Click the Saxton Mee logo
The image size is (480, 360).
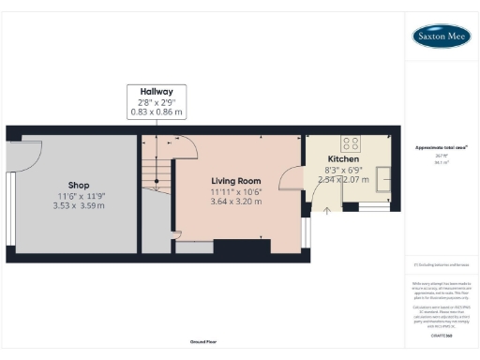click(x=442, y=36)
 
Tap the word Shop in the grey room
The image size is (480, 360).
click(x=78, y=185)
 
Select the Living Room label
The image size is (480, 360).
click(x=235, y=180)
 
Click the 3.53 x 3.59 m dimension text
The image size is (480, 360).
click(x=78, y=206)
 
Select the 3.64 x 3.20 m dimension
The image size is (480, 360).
click(x=235, y=202)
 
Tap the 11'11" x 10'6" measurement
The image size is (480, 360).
click(x=235, y=191)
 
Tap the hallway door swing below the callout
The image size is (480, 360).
click(x=185, y=147)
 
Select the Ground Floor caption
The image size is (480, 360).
click(x=203, y=341)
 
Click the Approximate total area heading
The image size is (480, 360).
click(x=442, y=148)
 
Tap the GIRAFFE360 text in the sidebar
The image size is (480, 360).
click(x=442, y=335)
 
